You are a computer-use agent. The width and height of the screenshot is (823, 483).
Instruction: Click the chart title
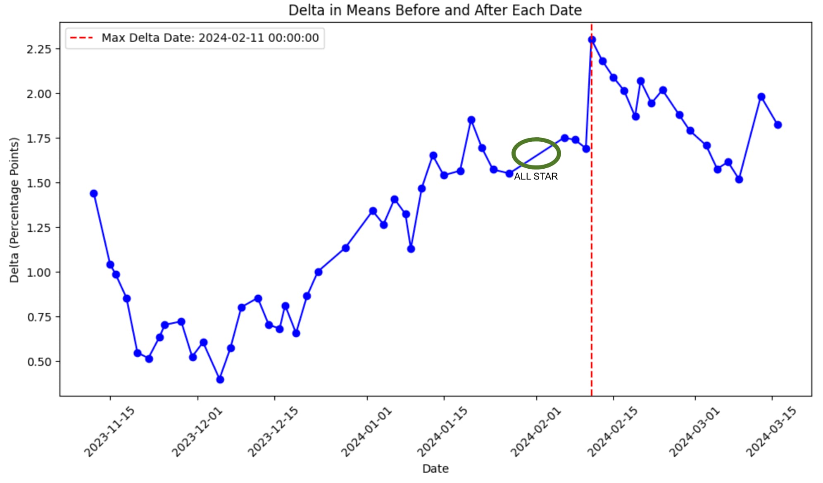pyautogui.click(x=435, y=10)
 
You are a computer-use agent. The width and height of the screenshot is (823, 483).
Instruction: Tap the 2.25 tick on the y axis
pyautogui.click(x=39, y=49)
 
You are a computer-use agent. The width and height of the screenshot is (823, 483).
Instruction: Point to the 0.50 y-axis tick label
pyautogui.click(x=39, y=362)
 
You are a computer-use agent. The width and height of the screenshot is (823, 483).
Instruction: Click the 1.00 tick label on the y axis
pyautogui.click(x=39, y=273)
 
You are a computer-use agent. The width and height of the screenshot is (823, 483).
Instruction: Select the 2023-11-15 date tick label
pyautogui.click(x=109, y=432)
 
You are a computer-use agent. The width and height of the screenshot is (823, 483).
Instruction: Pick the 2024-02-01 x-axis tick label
pyautogui.click(x=536, y=432)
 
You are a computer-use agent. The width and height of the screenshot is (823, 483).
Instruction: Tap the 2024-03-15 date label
pyautogui.click(x=771, y=432)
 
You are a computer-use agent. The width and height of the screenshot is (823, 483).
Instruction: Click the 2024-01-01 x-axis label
pyautogui.click(x=366, y=432)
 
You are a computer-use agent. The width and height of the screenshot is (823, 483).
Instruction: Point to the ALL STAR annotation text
pyautogui.click(x=536, y=177)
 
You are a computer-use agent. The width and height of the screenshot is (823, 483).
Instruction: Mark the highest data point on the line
pyautogui.click(x=592, y=40)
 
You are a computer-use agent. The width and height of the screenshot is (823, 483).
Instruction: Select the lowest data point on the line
pyautogui.click(x=220, y=379)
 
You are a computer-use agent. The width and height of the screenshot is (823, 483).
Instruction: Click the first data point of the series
pyautogui.click(x=94, y=194)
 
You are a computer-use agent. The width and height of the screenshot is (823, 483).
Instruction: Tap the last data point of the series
pyautogui.click(x=778, y=124)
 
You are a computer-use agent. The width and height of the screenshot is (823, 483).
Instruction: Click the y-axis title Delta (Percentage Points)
pyautogui.click(x=14, y=210)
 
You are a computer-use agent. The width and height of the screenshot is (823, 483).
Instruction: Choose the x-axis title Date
pyautogui.click(x=435, y=469)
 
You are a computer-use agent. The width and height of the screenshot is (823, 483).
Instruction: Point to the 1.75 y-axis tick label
pyautogui.click(x=39, y=139)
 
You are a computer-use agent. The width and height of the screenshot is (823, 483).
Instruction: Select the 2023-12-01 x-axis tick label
pyautogui.click(x=197, y=432)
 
